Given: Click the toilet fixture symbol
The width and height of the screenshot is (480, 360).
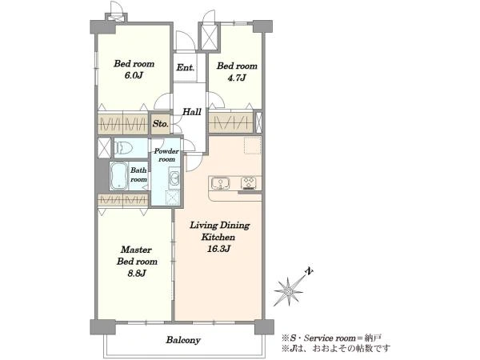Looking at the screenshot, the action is click(x=123, y=148).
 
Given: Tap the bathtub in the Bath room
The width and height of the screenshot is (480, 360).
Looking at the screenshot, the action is click(x=118, y=176).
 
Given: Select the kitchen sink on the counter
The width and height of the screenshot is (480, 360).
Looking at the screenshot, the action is click(x=220, y=183).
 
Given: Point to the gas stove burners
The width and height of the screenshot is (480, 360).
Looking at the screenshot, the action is click(x=250, y=183).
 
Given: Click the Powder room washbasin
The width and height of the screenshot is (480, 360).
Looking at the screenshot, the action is click(x=174, y=178).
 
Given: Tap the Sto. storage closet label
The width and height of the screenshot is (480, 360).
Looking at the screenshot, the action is click(x=161, y=124).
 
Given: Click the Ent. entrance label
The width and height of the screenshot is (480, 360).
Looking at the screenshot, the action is click(x=186, y=67).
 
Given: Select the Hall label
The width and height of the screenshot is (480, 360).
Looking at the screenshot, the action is click(x=192, y=112).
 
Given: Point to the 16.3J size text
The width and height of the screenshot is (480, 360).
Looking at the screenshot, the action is click(x=219, y=249).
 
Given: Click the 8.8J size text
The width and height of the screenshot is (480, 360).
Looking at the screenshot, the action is click(x=137, y=273).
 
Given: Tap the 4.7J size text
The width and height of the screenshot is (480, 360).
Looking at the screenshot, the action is click(x=237, y=78).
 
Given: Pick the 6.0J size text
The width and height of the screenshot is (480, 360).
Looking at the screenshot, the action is click(x=134, y=75).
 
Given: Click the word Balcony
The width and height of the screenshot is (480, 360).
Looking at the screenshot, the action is click(x=183, y=340).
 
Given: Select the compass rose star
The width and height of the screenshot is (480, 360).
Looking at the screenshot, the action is click(x=288, y=291).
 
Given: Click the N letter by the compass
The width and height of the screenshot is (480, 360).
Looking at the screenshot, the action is click(x=310, y=271).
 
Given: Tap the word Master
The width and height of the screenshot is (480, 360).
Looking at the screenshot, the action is click(x=136, y=250).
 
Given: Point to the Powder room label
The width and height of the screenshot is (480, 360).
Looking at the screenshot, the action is click(x=166, y=155).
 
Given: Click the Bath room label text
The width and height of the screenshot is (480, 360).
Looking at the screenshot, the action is click(x=138, y=174).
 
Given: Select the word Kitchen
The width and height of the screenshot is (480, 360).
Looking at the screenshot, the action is click(x=218, y=238).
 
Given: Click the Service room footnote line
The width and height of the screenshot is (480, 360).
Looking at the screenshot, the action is click(x=331, y=338).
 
